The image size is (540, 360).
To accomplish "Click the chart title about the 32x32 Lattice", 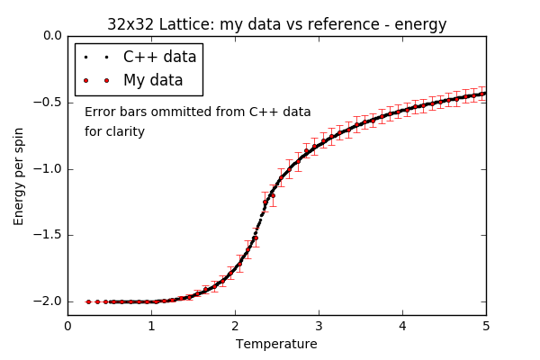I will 276,24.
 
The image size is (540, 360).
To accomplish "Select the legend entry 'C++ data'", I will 159,58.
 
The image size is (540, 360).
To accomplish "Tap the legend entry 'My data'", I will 153,80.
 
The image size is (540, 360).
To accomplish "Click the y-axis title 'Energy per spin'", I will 19,175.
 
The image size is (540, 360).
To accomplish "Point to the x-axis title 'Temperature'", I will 276,344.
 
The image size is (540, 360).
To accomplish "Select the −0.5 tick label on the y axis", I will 47,103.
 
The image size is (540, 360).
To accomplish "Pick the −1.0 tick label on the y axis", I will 47,169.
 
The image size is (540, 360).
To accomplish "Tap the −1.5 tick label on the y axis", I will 47,235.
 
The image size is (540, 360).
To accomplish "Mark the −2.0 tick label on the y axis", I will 47,301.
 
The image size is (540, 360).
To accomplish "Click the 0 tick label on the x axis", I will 67,326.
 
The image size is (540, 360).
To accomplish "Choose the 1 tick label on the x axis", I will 151,326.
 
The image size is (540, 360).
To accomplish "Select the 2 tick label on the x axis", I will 235,326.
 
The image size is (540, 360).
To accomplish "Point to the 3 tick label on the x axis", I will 319,326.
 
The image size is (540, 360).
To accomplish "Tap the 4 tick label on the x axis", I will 402,326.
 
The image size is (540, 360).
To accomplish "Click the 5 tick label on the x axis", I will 486,326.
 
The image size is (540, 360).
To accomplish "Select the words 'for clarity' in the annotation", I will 114,132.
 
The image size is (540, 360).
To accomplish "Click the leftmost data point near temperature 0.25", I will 88,301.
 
